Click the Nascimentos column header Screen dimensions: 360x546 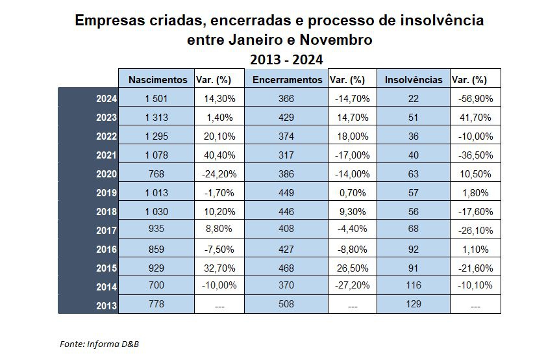pyautogui.click(x=156, y=80)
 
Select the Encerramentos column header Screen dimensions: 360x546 pyautogui.click(x=287, y=80)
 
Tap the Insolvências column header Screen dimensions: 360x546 pyautogui.click(x=414, y=80)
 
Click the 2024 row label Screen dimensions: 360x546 pyautogui.click(x=106, y=99)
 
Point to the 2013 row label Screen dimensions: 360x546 pyautogui.click(x=106, y=305)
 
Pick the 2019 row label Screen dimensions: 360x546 pyautogui.click(x=106, y=193)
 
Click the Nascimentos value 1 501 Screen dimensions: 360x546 pyautogui.click(x=156, y=99)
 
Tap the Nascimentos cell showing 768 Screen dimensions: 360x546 pyautogui.click(x=156, y=174)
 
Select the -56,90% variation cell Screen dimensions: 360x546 pyautogui.click(x=475, y=99)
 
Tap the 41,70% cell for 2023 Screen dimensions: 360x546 pyautogui.click(x=475, y=118)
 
